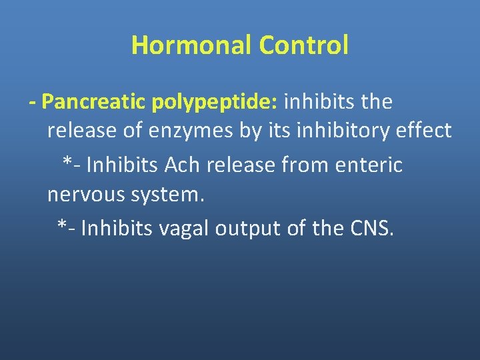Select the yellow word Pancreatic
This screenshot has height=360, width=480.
pyautogui.click(x=94, y=102)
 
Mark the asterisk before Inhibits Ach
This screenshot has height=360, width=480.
pyautogui.click(x=67, y=162)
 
